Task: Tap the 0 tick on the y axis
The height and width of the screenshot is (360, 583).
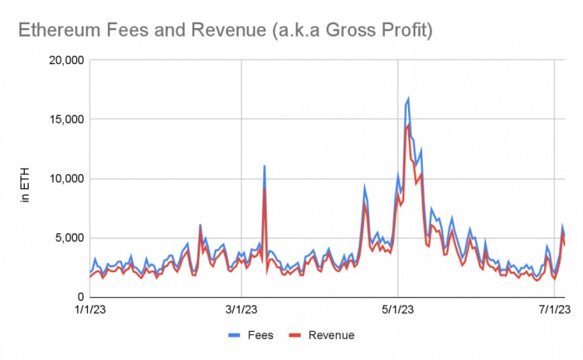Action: [79, 297]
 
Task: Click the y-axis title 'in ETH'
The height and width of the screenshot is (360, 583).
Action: [25, 187]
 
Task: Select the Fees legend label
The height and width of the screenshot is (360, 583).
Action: [260, 335]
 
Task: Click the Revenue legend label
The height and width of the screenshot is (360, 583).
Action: [332, 335]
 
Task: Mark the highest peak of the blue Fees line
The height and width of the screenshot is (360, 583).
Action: [408, 99]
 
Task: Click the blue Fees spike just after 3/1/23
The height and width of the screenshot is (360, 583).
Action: [264, 166]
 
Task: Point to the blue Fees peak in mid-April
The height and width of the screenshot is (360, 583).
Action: [365, 187]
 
